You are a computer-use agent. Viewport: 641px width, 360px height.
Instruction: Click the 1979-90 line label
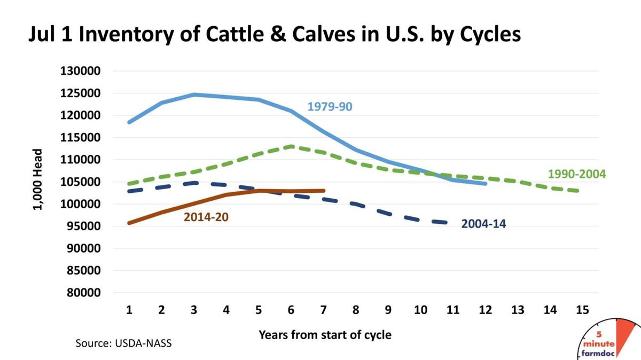click(330, 107)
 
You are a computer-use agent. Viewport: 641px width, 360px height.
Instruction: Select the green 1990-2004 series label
click(577, 175)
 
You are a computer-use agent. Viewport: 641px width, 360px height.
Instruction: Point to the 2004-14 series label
click(483, 224)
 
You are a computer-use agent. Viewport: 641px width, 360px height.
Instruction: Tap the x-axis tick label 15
click(582, 310)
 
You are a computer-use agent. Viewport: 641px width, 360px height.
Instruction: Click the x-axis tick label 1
click(129, 310)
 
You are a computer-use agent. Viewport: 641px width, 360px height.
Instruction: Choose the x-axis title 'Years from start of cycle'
click(325, 335)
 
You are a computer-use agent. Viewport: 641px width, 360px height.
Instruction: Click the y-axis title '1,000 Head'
click(37, 182)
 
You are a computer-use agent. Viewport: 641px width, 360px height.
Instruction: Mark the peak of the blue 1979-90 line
click(194, 95)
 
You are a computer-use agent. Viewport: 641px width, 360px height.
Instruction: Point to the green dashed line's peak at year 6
click(291, 146)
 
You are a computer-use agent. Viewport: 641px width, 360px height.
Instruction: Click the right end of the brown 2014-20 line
click(323, 191)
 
